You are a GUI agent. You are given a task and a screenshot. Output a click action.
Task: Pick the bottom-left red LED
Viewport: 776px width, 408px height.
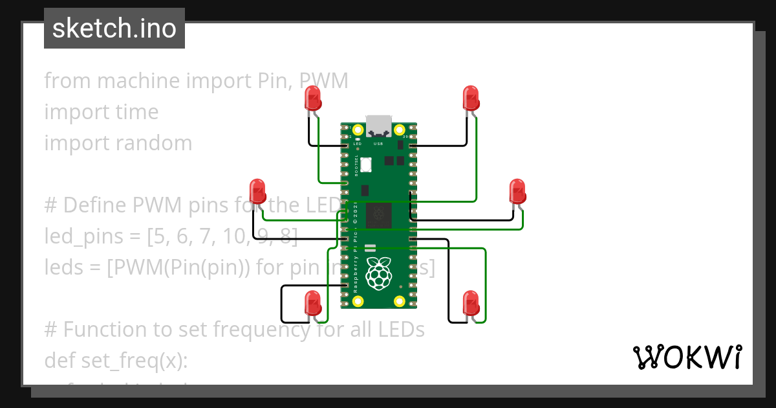(313, 303)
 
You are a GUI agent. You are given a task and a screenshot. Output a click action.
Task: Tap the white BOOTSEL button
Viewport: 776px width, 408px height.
(366, 164)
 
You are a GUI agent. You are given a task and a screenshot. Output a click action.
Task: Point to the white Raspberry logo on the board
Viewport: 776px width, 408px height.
(379, 273)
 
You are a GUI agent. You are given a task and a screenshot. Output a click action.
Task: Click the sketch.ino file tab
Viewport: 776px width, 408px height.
(114, 28)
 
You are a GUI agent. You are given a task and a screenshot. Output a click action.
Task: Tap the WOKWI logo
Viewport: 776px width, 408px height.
(687, 357)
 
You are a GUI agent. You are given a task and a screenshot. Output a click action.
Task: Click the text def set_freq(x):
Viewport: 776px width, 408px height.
(116, 360)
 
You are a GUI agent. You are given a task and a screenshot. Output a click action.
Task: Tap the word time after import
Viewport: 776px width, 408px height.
(136, 112)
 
